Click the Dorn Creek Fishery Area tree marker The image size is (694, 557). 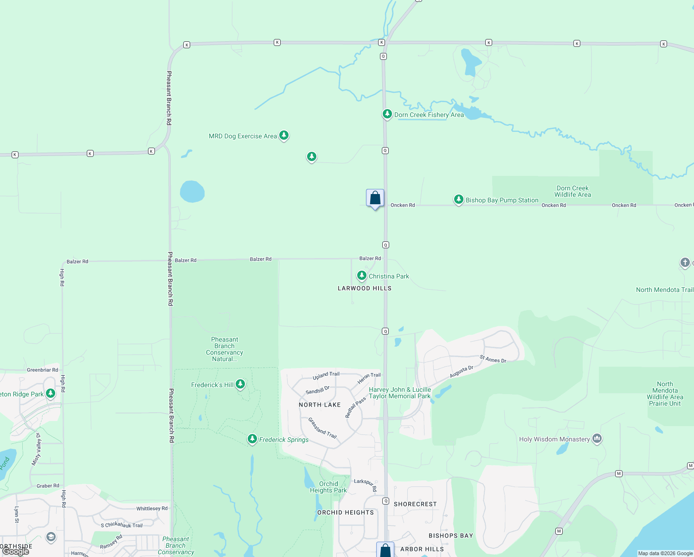(387, 114)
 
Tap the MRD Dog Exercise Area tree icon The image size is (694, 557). (284, 135)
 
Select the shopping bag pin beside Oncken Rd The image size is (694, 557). (375, 198)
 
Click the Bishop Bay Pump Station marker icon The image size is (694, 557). (458, 199)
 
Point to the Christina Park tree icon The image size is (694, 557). (361, 275)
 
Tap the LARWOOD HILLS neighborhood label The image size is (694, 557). (365, 288)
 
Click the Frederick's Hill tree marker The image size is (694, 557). (240, 384)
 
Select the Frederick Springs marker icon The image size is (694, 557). (252, 439)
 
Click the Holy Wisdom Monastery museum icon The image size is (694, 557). (597, 438)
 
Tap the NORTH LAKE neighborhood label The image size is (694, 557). (320, 405)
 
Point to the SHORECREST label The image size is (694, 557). (415, 504)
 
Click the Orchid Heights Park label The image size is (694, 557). (328, 487)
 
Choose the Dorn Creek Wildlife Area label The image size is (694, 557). (572, 191)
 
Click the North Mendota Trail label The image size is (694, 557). (664, 290)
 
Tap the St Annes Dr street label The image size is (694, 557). (493, 359)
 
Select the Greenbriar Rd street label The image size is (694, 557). (42, 370)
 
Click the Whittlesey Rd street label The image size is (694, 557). (152, 508)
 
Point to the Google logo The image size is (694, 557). (16, 551)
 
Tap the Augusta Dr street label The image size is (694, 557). (461, 371)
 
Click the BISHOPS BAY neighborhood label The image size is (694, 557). (450, 536)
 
